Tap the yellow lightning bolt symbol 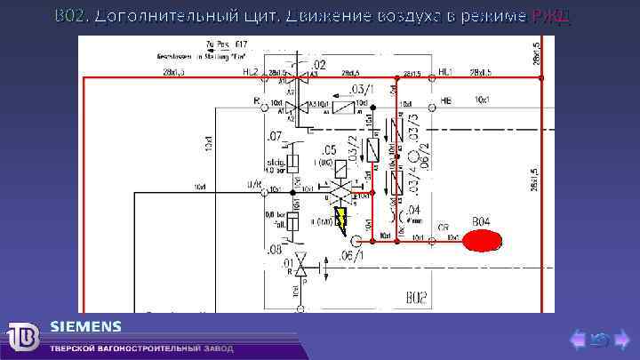341,219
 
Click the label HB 446,101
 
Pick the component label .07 274,137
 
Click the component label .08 274,250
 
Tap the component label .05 328,150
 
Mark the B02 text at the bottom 417,296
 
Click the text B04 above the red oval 481,220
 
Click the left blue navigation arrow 578,339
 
